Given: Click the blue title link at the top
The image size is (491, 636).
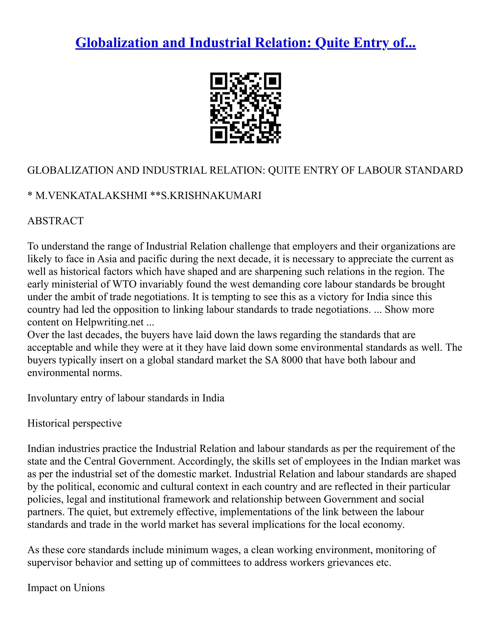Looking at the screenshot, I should coord(245,42).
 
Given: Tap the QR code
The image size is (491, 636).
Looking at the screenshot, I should coord(245,108).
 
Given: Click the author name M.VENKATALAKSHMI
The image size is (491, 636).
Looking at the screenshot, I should coord(91,195).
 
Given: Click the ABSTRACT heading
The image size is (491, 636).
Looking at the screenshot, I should coord(55,221).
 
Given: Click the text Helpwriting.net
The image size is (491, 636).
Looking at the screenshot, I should coord(109,322).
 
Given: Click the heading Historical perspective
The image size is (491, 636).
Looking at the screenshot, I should coord(75,423).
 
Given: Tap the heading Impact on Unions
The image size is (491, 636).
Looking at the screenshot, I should coord(66,588).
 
